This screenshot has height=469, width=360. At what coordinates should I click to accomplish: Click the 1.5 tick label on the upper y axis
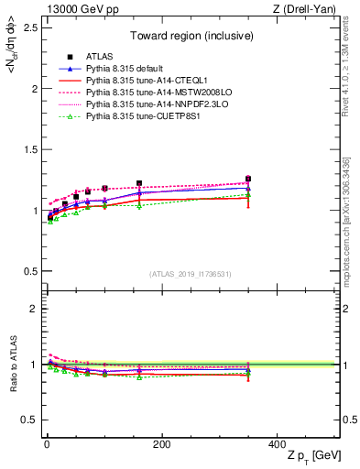point(27,150)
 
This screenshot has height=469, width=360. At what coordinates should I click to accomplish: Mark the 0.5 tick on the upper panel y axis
point(27,271)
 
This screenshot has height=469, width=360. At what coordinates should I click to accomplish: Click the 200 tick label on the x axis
point(161,444)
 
